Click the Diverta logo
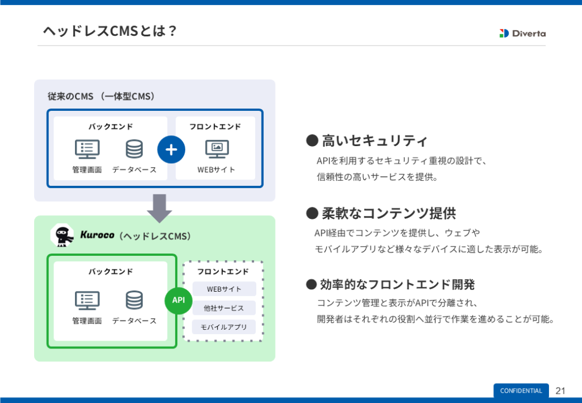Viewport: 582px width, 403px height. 522,33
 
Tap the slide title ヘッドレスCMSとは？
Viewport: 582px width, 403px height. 110,31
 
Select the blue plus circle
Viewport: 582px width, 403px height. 171,150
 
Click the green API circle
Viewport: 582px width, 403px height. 178,300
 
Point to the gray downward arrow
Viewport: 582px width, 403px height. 159,208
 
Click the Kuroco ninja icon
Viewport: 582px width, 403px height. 62,235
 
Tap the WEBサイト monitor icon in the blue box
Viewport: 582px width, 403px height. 217,149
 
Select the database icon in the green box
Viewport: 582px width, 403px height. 134,300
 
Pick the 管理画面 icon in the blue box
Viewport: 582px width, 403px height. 87,149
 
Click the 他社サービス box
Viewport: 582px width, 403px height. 224,308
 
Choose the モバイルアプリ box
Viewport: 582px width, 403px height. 224,327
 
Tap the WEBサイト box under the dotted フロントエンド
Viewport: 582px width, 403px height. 224,289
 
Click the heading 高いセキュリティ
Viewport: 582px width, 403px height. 374,140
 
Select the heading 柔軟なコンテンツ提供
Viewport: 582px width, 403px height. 389,213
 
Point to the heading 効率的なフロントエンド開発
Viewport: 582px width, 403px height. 397,284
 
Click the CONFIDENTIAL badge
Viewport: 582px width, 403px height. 521,390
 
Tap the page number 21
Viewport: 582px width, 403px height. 560,390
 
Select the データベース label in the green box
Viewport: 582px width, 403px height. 134,321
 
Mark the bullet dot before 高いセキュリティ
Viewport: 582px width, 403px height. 311,140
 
